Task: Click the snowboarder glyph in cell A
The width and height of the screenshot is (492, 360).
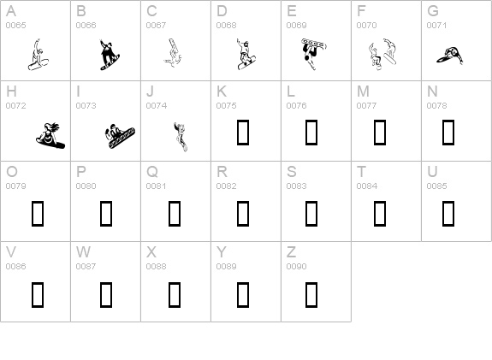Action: (x=38, y=56)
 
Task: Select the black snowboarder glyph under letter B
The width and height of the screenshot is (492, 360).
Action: (x=110, y=56)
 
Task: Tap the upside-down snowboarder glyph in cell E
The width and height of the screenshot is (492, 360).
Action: (x=313, y=53)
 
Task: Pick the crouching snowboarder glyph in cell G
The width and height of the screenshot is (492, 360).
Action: (x=449, y=56)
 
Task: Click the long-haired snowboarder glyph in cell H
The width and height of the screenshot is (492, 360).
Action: (x=50, y=135)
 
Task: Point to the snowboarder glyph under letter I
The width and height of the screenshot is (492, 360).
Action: (x=120, y=137)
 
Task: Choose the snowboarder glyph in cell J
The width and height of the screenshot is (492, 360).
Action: (x=181, y=137)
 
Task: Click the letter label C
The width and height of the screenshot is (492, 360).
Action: (x=151, y=11)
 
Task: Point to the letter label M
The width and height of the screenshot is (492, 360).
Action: (x=363, y=91)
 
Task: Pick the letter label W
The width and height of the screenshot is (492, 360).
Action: (x=84, y=252)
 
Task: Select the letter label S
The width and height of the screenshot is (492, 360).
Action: (x=292, y=172)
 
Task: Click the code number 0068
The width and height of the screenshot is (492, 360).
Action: (x=226, y=26)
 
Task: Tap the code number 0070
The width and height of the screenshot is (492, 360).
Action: (x=366, y=26)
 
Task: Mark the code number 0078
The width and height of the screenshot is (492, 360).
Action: (x=436, y=106)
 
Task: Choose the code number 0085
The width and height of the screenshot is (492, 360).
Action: (x=436, y=186)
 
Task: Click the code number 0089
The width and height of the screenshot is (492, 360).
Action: (x=226, y=266)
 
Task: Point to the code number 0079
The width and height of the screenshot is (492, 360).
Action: (x=15, y=186)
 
